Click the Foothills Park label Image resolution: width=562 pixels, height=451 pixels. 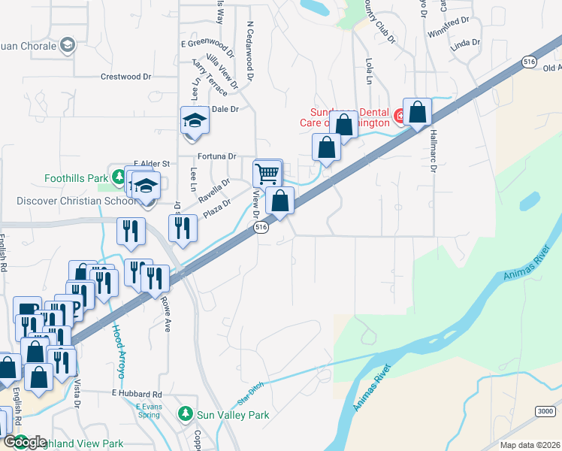[x=76, y=178]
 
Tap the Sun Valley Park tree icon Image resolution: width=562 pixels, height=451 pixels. [x=185, y=413]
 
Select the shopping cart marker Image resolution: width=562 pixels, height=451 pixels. [x=267, y=174]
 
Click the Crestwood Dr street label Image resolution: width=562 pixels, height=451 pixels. [x=126, y=77]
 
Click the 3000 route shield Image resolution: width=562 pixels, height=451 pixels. [x=546, y=410]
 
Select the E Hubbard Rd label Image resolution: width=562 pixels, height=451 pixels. [x=137, y=394]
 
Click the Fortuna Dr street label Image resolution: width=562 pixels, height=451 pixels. [x=216, y=156]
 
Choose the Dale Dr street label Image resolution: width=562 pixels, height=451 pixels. [x=225, y=109]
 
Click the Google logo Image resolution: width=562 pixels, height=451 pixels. [x=26, y=442]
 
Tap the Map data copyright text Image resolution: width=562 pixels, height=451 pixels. [x=530, y=445]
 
